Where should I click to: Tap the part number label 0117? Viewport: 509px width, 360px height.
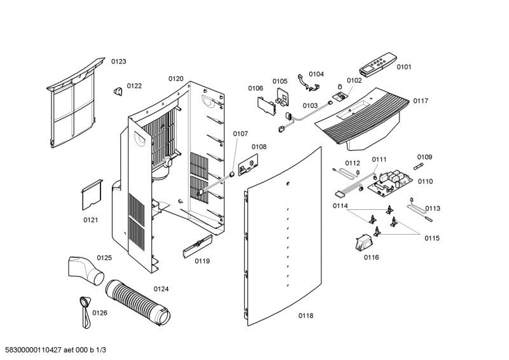pos(421,101)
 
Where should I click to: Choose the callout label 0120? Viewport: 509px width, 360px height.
pos(176,79)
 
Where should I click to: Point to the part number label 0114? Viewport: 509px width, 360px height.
pos(340,205)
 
